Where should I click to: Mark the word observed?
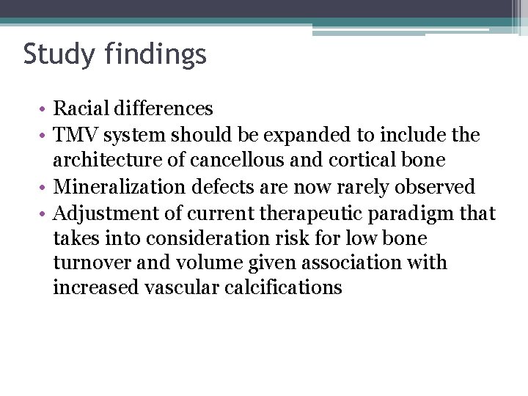[439, 187]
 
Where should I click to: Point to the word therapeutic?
[301, 214]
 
